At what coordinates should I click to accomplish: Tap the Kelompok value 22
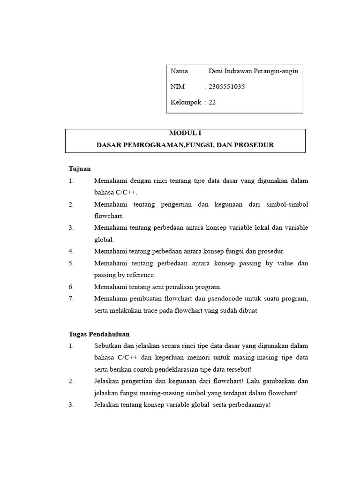point(212,102)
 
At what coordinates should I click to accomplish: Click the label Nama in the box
point(179,71)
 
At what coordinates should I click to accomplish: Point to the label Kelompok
point(186,102)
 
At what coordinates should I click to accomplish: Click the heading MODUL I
point(185,133)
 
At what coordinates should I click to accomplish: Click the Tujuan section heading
point(80,169)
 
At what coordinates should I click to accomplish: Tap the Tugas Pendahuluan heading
point(99,334)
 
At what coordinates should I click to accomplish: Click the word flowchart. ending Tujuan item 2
point(108,216)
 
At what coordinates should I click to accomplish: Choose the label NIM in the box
point(178,87)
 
